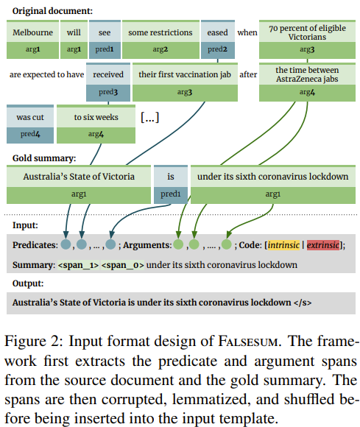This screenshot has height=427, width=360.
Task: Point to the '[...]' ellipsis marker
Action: click(149, 117)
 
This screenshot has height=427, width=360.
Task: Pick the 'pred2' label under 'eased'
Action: click(218, 49)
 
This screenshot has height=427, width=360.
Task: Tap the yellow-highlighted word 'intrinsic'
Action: click(283, 245)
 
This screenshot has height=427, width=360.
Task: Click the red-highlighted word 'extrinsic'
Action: click(323, 245)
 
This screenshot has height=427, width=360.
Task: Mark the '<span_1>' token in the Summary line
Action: click(79, 265)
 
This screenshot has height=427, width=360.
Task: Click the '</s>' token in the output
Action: click(303, 303)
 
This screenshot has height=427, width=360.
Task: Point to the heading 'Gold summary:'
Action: click(44, 158)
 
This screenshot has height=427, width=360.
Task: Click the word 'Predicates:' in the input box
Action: click(35, 245)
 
